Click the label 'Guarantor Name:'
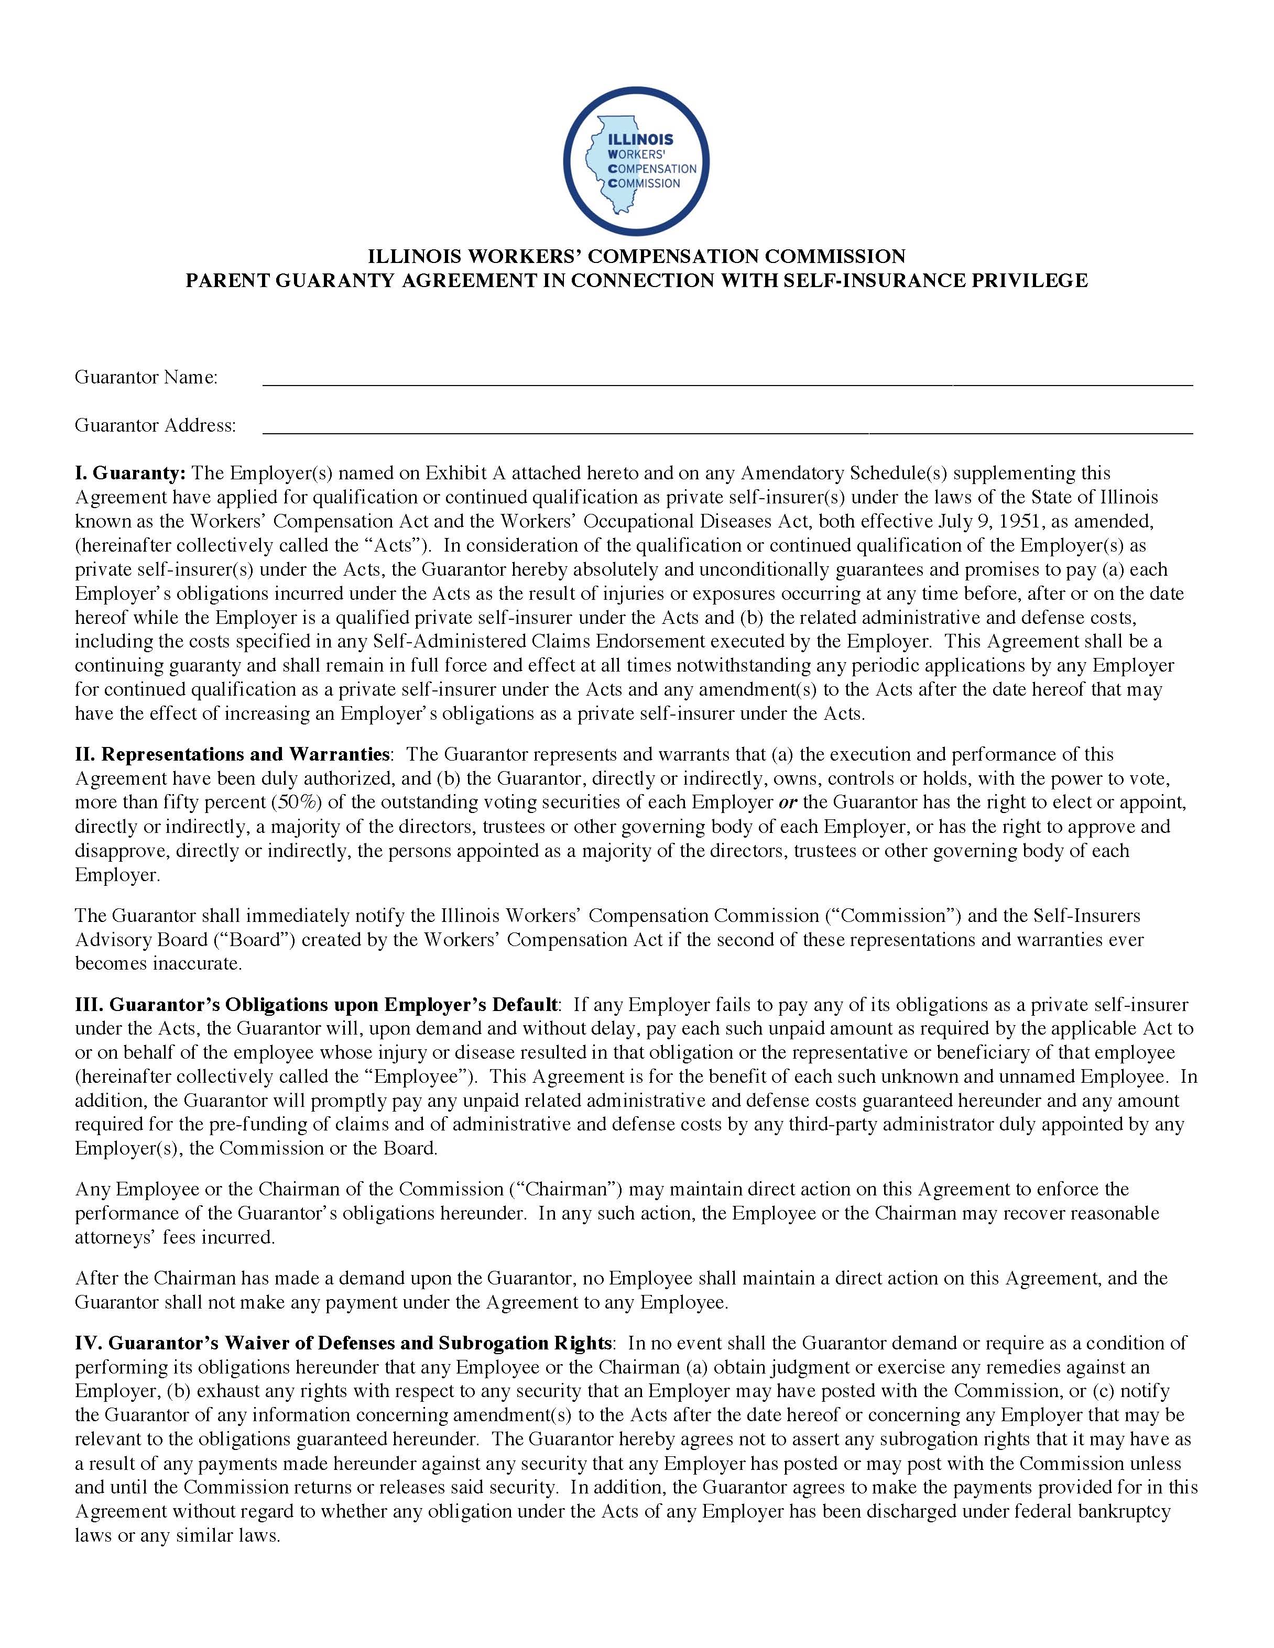click(146, 377)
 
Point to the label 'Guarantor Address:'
click(155, 425)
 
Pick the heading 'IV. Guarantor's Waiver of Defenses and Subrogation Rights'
click(343, 1343)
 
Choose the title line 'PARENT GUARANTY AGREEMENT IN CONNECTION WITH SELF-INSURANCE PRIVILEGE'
click(636, 281)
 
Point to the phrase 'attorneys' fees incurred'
click(175, 1237)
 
